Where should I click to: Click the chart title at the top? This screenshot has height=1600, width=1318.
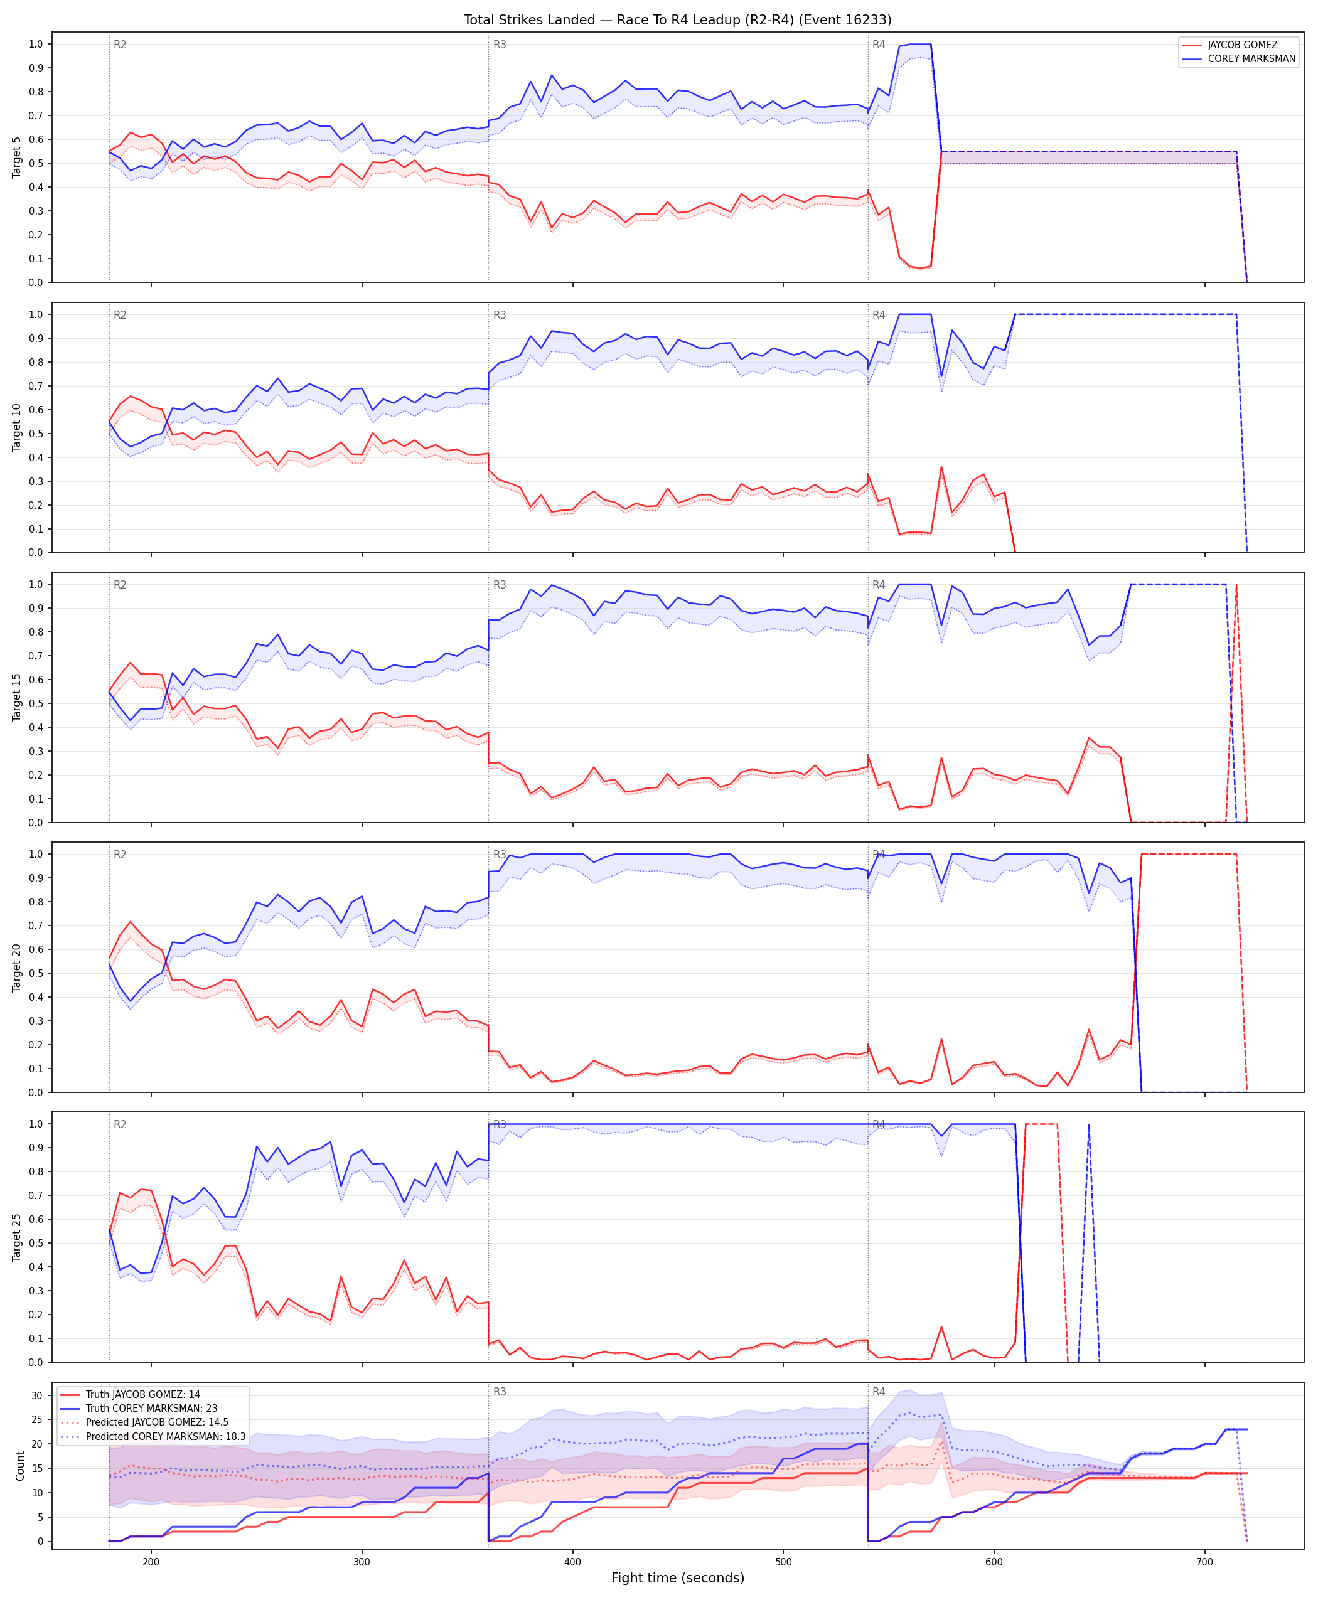click(x=677, y=19)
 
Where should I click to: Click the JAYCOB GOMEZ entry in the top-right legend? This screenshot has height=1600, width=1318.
click(x=1242, y=45)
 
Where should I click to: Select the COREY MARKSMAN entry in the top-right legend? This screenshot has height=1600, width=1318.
click(x=1251, y=58)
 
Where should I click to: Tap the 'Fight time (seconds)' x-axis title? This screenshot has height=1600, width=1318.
click(x=677, y=1578)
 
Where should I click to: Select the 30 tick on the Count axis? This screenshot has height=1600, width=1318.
click(x=36, y=1395)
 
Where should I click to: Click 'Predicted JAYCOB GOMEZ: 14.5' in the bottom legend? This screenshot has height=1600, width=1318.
click(x=157, y=1422)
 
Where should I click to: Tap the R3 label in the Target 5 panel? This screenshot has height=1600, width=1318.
click(x=500, y=45)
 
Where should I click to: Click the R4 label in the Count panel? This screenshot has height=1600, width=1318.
click(x=879, y=1392)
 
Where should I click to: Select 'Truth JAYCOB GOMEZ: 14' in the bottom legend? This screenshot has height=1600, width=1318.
click(x=142, y=1394)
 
